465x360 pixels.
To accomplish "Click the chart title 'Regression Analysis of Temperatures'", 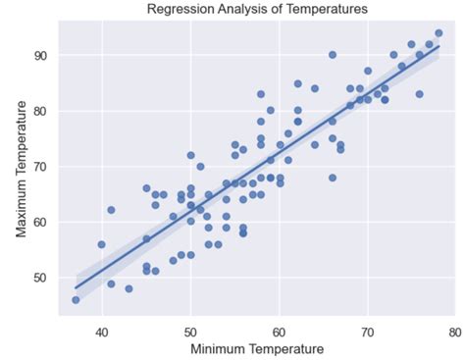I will point(257,10).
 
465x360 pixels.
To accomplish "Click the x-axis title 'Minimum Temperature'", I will point(256,348).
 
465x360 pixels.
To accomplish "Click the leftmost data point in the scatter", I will point(76,299).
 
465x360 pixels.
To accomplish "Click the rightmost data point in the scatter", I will point(439,33).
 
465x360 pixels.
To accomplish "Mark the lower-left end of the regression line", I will point(76,287).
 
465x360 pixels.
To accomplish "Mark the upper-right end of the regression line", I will point(439,46).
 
